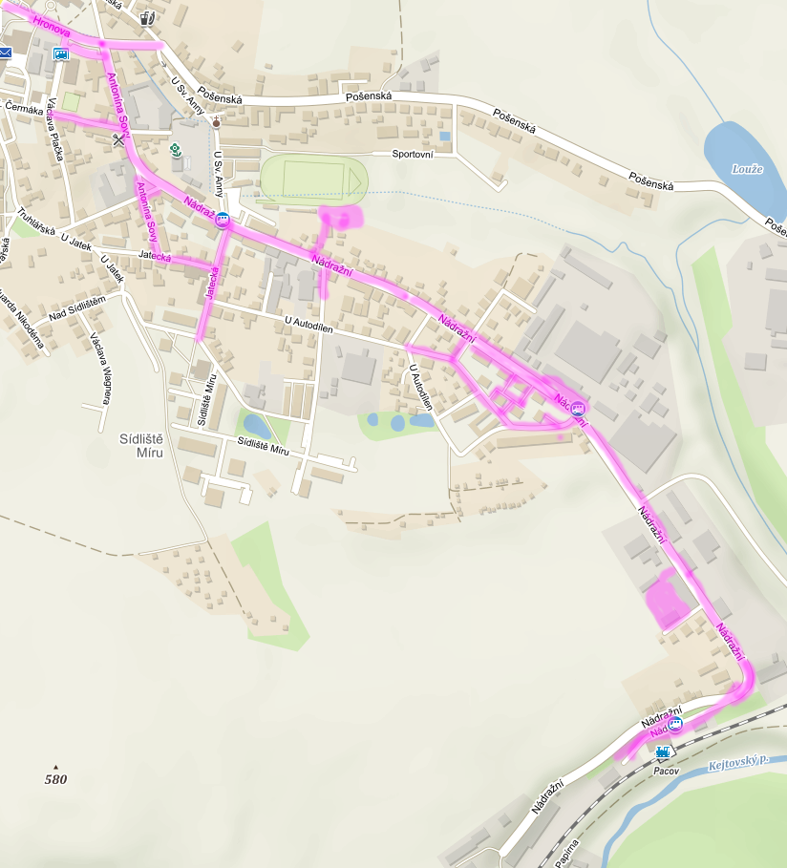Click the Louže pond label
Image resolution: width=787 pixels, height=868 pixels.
pyautogui.click(x=747, y=169)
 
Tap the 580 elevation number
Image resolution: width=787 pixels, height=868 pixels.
pyautogui.click(x=55, y=779)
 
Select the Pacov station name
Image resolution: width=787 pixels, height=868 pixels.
pyautogui.click(x=666, y=770)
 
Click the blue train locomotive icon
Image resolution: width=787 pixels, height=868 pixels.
pyautogui.click(x=664, y=752)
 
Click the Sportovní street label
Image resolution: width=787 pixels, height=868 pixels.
pyautogui.click(x=413, y=154)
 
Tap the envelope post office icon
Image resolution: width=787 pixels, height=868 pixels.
pyautogui.click(x=6, y=53)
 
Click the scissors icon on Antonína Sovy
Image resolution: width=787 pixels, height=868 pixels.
pyautogui.click(x=118, y=139)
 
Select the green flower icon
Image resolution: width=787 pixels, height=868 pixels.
pyautogui.click(x=176, y=150)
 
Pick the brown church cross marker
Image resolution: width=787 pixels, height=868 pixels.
pyautogui.click(x=217, y=122)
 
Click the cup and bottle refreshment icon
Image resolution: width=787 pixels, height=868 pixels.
pyautogui.click(x=146, y=17)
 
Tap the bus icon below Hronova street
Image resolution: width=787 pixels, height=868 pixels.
pyautogui.click(x=61, y=53)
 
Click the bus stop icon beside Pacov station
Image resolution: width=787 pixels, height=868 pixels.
pyautogui.click(x=675, y=724)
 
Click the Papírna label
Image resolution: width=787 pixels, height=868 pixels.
pyautogui.click(x=567, y=852)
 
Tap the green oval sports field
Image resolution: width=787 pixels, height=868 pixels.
pyautogui.click(x=312, y=179)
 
